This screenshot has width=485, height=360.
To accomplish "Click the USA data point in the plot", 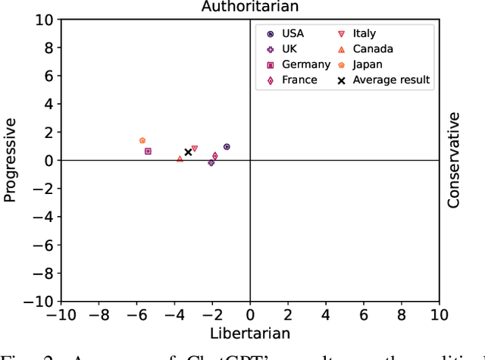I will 227,147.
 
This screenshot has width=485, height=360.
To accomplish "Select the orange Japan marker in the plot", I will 142,140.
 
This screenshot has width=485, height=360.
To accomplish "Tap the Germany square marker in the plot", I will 148,152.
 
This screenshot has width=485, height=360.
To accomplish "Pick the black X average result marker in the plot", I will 188,152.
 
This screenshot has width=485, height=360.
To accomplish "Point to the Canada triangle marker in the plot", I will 180,159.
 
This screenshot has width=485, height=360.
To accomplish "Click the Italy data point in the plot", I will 195,149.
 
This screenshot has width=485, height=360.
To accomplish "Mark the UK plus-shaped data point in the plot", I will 211,163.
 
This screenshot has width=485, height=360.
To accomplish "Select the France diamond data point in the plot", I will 215,156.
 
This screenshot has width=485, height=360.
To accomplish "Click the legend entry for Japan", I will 368,64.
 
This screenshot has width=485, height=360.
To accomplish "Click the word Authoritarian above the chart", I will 249,7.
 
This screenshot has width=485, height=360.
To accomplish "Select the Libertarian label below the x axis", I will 249,332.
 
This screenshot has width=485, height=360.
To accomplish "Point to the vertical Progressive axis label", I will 10,160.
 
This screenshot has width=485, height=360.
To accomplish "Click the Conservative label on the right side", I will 453,160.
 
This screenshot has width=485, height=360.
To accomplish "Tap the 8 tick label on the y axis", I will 47,48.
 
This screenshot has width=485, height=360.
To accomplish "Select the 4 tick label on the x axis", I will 325,315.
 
